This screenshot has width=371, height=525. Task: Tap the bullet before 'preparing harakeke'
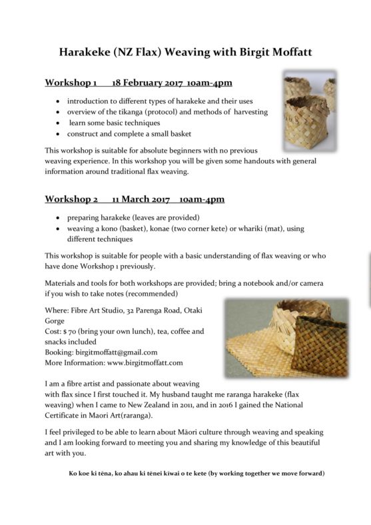61,218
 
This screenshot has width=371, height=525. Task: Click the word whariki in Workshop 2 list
237,229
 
